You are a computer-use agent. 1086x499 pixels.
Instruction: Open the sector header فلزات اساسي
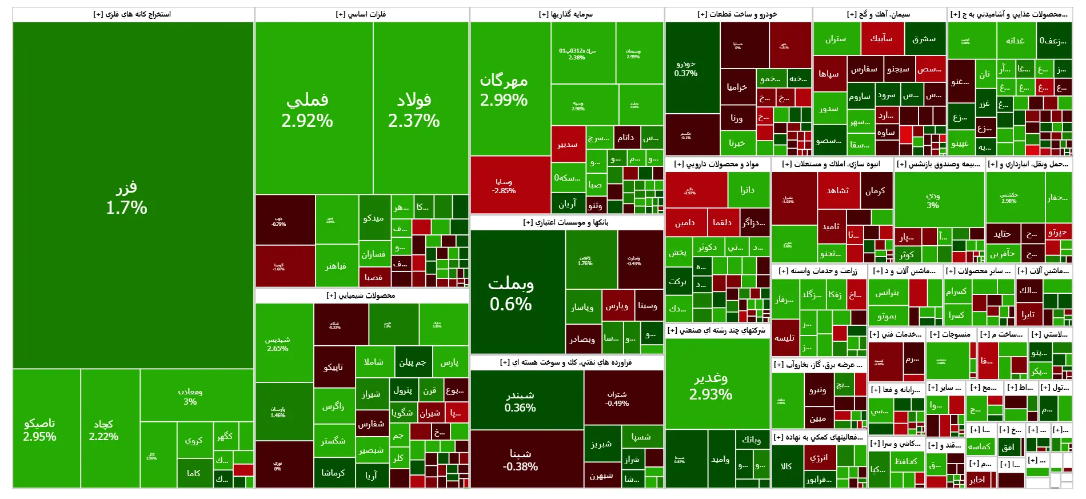(x=361, y=14)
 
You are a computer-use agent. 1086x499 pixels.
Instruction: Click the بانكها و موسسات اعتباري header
(x=566, y=222)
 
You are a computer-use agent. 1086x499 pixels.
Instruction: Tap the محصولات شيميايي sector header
(x=361, y=296)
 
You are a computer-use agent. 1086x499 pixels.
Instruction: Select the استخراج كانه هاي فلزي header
(x=133, y=14)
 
